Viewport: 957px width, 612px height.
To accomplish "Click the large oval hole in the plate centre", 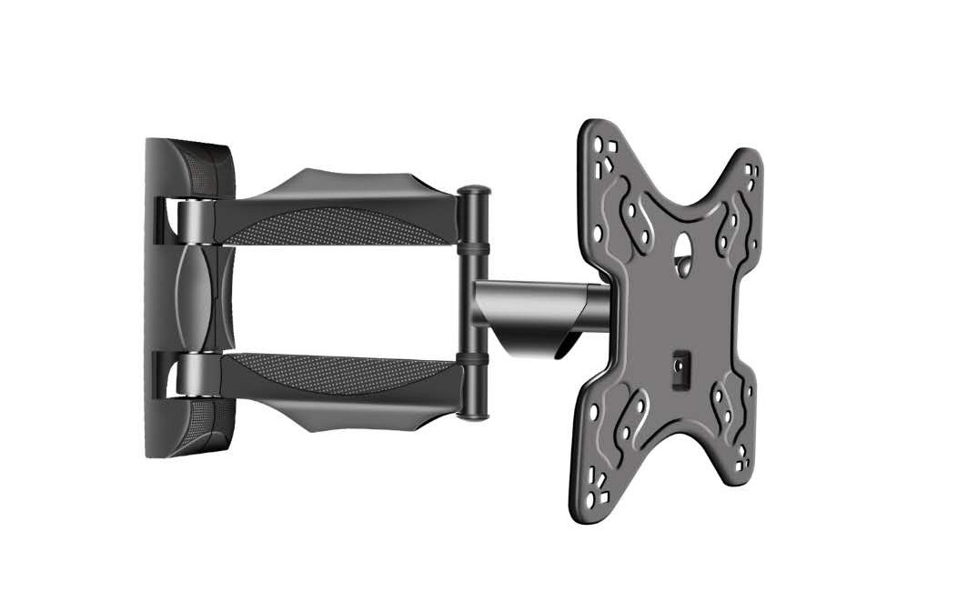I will [683, 244].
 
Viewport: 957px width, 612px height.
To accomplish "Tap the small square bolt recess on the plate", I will [680, 367].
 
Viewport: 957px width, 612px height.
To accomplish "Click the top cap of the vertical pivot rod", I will [474, 191].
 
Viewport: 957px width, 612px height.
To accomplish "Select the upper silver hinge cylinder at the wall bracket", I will [194, 222].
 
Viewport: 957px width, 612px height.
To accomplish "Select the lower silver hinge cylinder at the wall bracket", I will [194, 375].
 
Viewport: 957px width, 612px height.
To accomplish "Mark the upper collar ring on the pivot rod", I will [474, 246].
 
